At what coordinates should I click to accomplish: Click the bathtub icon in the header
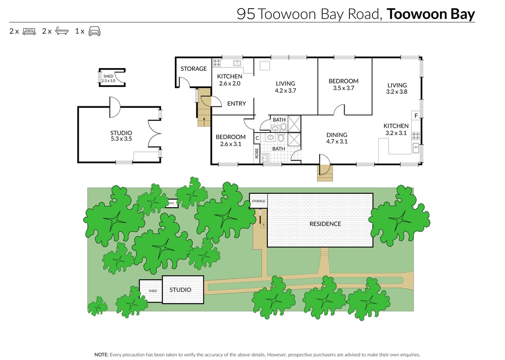tap(62, 32)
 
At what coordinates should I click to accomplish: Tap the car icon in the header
tap(94, 32)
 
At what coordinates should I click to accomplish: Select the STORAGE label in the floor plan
tap(193, 69)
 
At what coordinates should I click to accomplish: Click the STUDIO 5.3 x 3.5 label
tap(121, 136)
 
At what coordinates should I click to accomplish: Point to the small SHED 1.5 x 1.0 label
tap(108, 78)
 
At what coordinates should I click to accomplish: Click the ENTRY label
tap(236, 104)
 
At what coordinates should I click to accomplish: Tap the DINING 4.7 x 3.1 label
tap(337, 138)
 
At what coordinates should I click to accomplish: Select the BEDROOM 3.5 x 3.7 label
tap(344, 85)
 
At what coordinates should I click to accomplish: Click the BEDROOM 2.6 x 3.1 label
tap(230, 141)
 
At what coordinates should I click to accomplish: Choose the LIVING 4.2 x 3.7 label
tap(285, 87)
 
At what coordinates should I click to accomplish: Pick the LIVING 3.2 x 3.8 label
tap(397, 88)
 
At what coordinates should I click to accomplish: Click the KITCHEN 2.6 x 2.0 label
tap(230, 80)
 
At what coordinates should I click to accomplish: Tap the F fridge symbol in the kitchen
tap(416, 116)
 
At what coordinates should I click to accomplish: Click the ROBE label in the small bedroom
tap(257, 154)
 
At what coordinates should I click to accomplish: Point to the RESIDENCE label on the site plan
tap(325, 224)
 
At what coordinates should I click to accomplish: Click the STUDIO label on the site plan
tap(180, 290)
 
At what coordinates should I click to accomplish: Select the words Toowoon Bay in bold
tap(431, 14)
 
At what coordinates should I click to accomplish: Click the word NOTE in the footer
tap(101, 355)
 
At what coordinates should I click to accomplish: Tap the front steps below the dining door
tap(325, 173)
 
